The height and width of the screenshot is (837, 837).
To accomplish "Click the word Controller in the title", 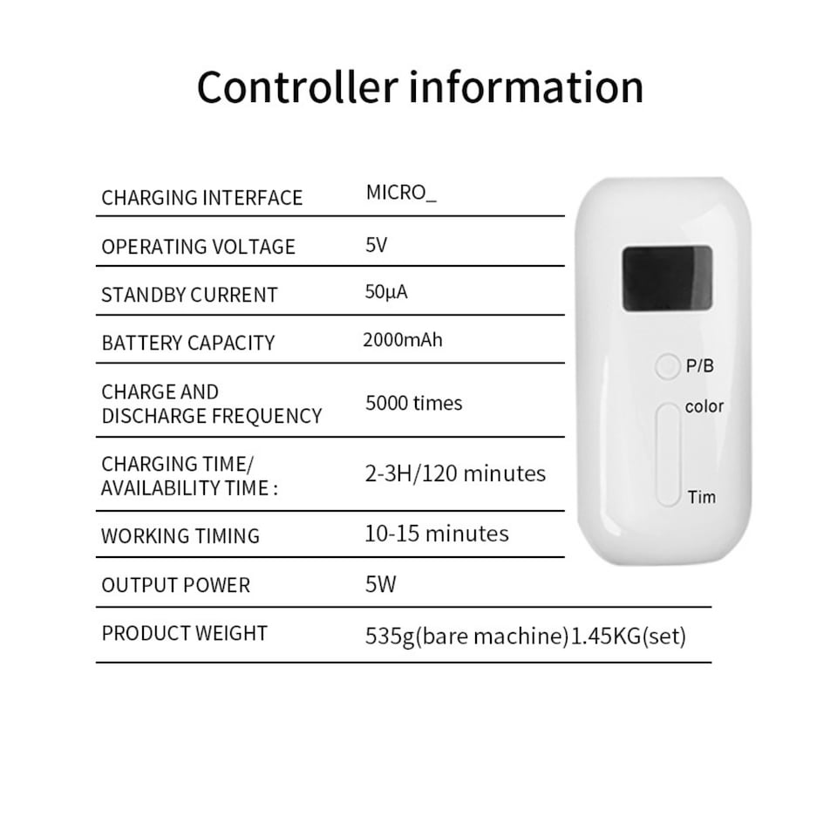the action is pos(298,86).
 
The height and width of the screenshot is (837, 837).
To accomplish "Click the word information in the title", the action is pos(527,86).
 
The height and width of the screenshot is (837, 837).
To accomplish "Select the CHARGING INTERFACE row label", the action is pos(201,198).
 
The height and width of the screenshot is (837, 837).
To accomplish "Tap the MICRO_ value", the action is pos(401,193).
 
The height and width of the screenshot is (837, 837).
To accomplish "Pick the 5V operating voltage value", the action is pos(377,245).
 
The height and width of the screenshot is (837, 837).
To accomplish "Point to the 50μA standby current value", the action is pos(386,292).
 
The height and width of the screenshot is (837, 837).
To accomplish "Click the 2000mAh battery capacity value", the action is pos(403,340).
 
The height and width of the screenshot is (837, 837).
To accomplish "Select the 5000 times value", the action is pos(413,403).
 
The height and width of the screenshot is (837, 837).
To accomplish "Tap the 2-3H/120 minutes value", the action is pos(455,473).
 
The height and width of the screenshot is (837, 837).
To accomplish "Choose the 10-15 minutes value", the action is pos(437,534).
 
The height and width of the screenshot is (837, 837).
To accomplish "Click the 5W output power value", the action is pos(381,584).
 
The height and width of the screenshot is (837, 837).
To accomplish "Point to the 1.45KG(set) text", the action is pos(629,636).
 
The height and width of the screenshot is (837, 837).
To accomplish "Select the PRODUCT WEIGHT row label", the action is pos(184,633).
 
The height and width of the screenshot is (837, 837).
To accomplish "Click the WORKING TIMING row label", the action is pos(180,535).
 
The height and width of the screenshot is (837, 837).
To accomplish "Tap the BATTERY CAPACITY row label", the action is pos(188,343).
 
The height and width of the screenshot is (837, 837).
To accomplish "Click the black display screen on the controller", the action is pos(667,278).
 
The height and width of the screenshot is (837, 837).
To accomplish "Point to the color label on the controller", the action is pos(704,406).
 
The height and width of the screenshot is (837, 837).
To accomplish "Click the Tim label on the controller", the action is pos(701,497).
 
